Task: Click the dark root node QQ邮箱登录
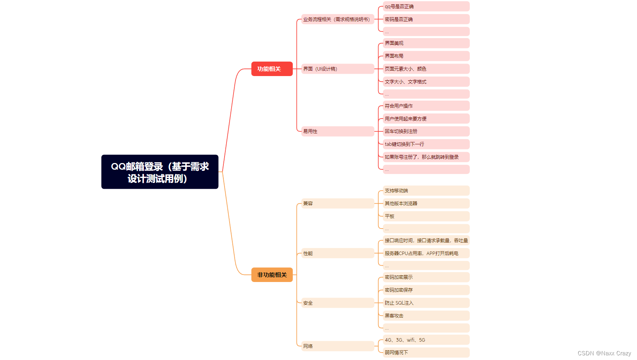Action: tap(160, 172)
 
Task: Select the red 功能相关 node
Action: tap(272, 69)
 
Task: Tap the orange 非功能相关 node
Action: tap(272, 275)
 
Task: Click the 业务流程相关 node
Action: tap(337, 20)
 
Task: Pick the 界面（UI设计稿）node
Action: tap(337, 69)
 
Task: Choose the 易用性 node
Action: tap(337, 131)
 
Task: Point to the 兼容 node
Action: tap(337, 204)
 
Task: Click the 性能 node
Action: tap(337, 254)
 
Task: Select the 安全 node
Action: tap(337, 303)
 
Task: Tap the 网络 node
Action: tap(337, 346)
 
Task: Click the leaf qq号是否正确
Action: tap(426, 7)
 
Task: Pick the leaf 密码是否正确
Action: tap(426, 20)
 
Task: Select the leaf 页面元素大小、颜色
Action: tap(426, 69)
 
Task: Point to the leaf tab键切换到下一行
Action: tap(426, 144)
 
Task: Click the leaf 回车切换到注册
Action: tap(426, 131)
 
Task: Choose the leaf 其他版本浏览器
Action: tap(426, 204)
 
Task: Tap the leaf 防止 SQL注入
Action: tap(426, 303)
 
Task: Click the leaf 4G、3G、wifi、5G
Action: tap(426, 340)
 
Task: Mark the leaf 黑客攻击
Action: tap(426, 316)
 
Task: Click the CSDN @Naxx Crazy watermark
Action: tap(604, 353)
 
